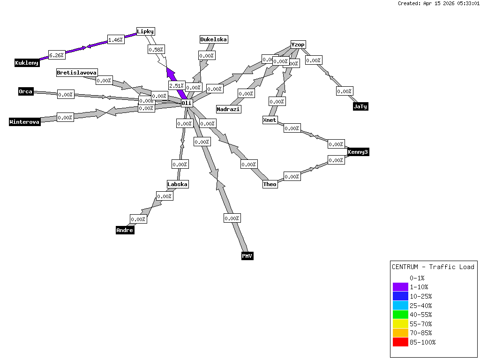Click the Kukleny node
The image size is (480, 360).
click(27, 63)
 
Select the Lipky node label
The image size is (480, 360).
click(145, 31)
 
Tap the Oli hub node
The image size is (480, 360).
click(187, 103)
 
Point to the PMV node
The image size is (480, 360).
click(247, 256)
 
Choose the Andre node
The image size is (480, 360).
click(125, 230)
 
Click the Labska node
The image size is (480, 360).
click(178, 184)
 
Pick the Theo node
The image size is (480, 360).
click(270, 184)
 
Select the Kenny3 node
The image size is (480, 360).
click(358, 152)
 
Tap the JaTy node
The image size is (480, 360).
click(360, 106)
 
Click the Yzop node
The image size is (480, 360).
click(298, 45)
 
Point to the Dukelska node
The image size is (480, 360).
click(214, 39)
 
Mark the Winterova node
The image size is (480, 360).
click(25, 122)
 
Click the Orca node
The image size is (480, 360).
click(26, 91)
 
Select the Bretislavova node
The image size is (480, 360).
click(77, 73)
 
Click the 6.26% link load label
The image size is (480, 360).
click(57, 55)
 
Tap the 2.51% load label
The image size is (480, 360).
click(177, 86)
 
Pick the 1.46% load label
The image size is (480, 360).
click(115, 40)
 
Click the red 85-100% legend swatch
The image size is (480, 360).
click(400, 342)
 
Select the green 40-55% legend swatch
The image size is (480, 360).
click(400, 315)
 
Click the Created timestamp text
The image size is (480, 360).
click(438, 3)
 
